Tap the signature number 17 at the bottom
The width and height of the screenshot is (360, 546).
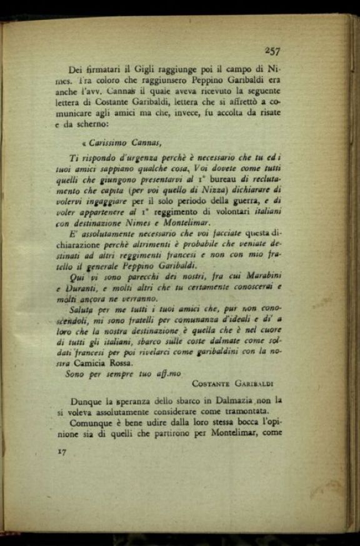62,450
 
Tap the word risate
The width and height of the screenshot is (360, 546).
267,113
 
